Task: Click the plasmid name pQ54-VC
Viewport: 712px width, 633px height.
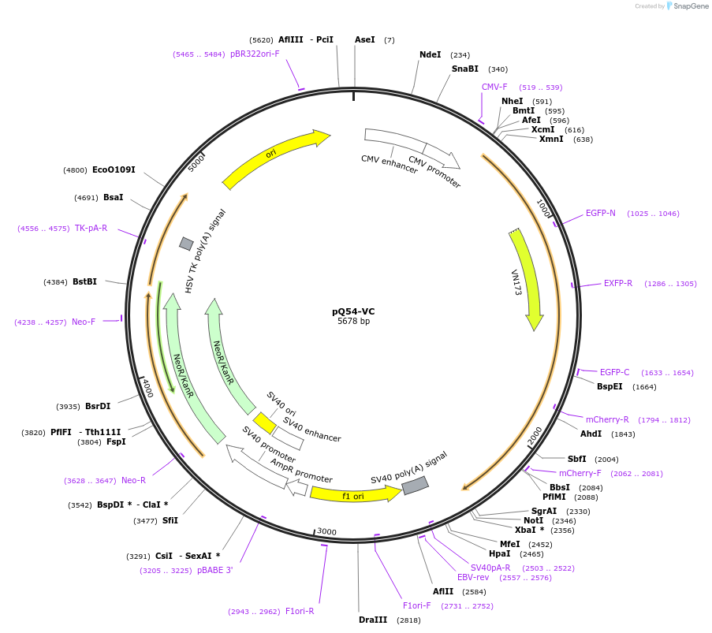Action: click(353, 311)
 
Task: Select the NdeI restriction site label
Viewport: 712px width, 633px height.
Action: click(431, 54)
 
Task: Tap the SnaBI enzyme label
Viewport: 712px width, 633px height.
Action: click(465, 69)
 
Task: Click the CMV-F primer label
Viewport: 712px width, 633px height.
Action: click(494, 87)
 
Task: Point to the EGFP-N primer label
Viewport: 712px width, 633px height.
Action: click(601, 213)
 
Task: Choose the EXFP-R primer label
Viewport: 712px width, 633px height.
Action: click(618, 283)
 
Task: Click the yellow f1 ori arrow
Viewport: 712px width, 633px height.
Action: click(356, 494)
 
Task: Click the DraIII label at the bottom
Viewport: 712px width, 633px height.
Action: click(373, 620)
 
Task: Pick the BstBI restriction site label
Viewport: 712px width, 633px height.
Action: click(85, 281)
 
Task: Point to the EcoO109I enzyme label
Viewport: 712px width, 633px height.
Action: click(114, 169)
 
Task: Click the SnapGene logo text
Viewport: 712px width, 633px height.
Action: click(689, 6)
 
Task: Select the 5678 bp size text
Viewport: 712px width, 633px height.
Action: click(353, 322)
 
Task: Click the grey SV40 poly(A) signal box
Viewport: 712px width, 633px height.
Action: click(415, 486)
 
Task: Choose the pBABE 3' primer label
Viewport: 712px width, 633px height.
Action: click(215, 570)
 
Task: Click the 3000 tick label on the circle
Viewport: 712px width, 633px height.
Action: click(326, 532)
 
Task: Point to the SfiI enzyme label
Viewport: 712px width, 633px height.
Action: click(170, 520)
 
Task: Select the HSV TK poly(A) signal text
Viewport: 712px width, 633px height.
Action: click(206, 251)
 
